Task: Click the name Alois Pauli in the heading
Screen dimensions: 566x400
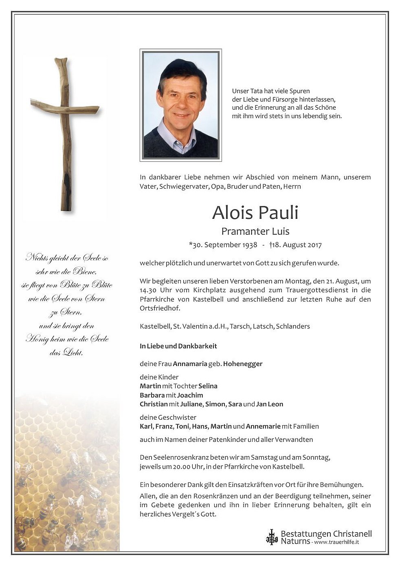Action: (255, 212)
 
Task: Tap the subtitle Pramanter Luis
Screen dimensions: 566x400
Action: (255, 231)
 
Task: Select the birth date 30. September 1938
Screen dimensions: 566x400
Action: (224, 245)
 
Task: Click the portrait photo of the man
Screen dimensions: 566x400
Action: (180, 105)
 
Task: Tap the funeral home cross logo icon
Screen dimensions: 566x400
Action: (271, 537)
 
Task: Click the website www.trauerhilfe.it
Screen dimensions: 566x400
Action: (336, 542)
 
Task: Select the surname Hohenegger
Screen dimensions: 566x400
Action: (243, 364)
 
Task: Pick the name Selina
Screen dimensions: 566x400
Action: (208, 386)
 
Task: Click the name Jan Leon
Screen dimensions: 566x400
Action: (270, 404)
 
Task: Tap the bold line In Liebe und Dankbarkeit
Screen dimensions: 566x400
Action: (178, 346)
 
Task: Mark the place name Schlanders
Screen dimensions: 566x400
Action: (293, 326)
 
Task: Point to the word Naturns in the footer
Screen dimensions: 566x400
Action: (295, 542)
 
